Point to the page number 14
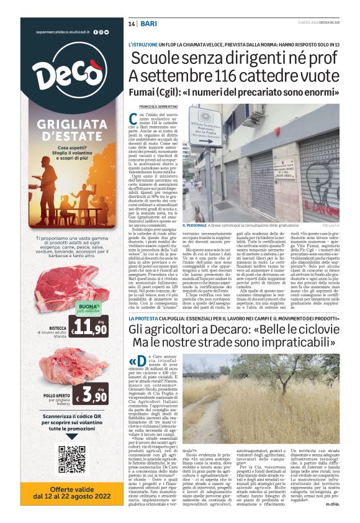pyautogui.click(x=132, y=23)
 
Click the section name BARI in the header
pyautogui.click(x=148, y=23)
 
